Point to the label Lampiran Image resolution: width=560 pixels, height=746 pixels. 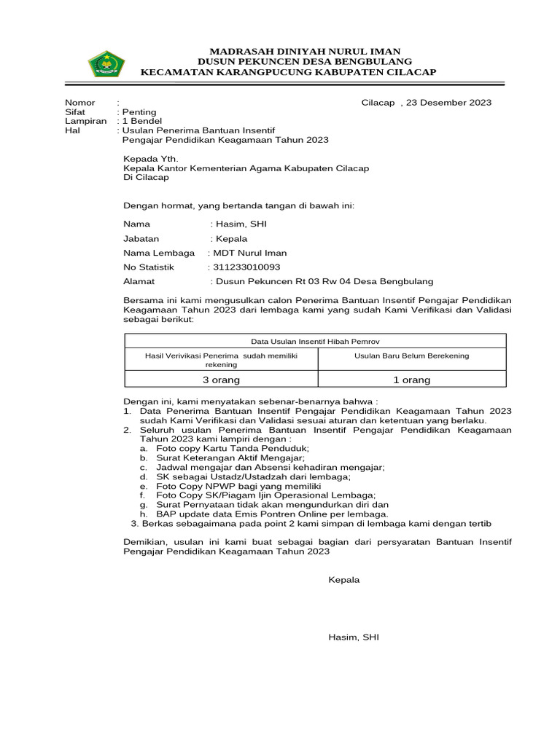(85, 121)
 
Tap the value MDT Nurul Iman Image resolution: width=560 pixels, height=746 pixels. (249, 253)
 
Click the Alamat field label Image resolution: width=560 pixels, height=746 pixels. (139, 281)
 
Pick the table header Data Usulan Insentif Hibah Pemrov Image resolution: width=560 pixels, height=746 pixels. (315, 341)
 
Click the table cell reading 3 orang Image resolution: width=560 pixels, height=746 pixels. (220, 380)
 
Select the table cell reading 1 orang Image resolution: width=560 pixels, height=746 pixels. (411, 380)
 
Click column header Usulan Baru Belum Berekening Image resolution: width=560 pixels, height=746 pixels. (411, 356)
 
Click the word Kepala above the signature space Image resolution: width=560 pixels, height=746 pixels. (344, 580)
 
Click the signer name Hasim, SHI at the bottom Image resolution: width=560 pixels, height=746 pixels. (354, 637)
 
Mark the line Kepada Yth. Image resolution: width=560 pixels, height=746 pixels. (150, 159)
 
